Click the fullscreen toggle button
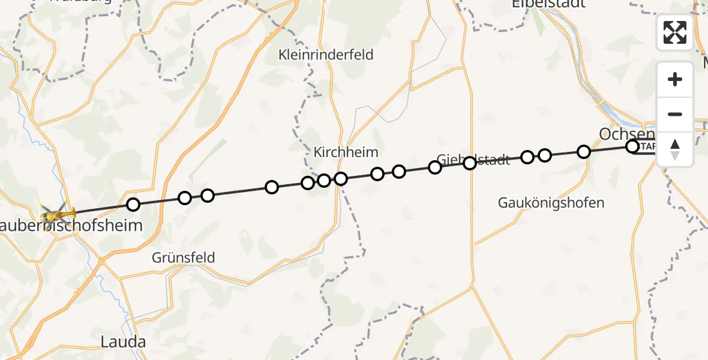675,32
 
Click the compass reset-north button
675,149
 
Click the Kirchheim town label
346,152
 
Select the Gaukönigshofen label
551,203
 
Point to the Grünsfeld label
183,258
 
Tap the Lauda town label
123,342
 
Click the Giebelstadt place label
474,160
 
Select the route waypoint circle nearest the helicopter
133,205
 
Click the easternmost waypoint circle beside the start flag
632,146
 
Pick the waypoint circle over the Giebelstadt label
470,163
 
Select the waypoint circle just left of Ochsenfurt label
584,152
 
